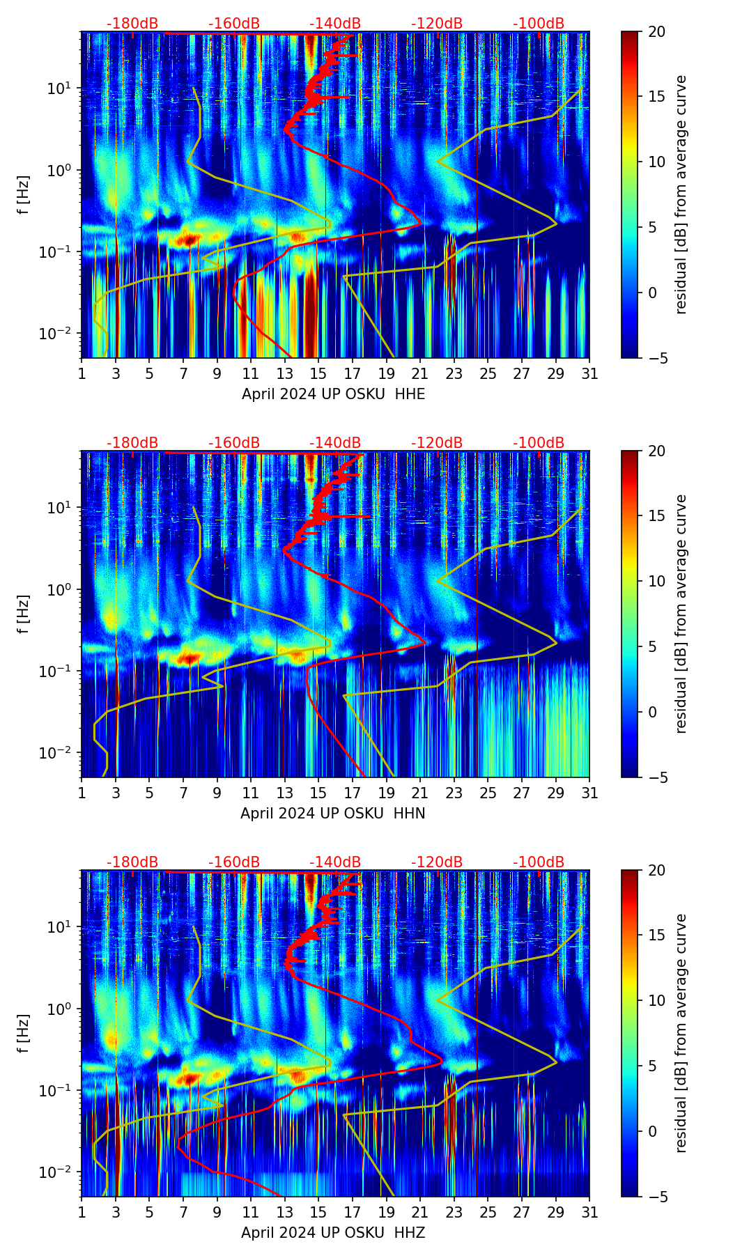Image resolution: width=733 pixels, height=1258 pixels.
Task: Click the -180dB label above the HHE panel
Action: coord(132,24)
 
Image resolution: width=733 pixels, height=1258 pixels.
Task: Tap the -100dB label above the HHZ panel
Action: coord(539,862)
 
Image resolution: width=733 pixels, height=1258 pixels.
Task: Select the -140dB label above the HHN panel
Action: coord(335,443)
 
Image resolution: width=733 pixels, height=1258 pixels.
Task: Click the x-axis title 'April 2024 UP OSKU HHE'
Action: coord(333,394)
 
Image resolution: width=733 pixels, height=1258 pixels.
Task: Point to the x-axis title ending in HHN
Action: coord(333,814)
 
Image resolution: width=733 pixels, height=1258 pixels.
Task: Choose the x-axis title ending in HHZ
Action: coord(333,1233)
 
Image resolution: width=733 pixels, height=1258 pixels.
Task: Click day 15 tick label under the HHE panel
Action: coord(318,374)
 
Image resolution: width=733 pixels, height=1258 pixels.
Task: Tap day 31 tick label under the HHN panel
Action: coord(589,793)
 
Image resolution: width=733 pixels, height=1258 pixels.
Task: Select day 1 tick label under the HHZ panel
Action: coord(82,1213)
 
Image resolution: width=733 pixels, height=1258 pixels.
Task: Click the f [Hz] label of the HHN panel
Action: coord(24,614)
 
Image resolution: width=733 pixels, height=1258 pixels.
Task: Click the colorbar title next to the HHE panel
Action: coord(681,194)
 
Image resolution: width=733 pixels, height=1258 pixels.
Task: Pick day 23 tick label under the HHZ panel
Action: coord(454,1213)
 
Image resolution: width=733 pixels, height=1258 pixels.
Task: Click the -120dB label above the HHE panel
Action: coord(437,24)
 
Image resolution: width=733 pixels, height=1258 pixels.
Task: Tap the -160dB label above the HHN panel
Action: coord(234,443)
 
